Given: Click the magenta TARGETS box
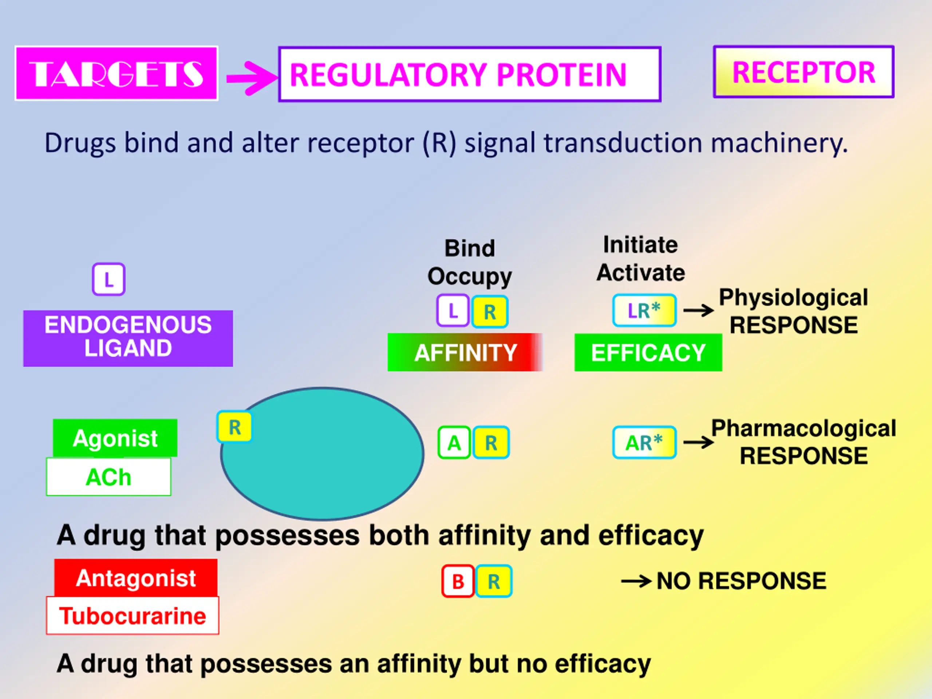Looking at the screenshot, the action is pos(116,73).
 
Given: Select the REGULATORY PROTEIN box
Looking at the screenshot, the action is pos(469,74).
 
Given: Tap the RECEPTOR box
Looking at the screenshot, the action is pos(803,72).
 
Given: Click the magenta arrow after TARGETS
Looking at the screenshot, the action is pos(252,78).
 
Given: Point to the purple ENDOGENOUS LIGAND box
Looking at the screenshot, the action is pos(128,338).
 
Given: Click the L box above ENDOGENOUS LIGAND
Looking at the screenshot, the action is pos(109,279).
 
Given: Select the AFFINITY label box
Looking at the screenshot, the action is pos(465,352).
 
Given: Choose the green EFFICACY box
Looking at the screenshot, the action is pos(648,352).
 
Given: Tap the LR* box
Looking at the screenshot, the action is pos(644,311).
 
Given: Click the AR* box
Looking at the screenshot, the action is pos(644,442).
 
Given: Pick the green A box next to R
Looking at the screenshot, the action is pos(454,442).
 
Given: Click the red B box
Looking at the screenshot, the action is pos(458,581).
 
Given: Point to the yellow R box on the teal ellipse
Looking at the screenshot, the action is pos(234,427).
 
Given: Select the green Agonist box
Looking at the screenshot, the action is pos(115,438).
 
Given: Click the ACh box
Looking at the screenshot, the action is pos(109,477).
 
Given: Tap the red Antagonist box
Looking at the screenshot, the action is pos(136,578).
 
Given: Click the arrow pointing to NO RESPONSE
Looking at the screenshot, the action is pos(637,582).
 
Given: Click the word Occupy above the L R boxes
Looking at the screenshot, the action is pos(469,277).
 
